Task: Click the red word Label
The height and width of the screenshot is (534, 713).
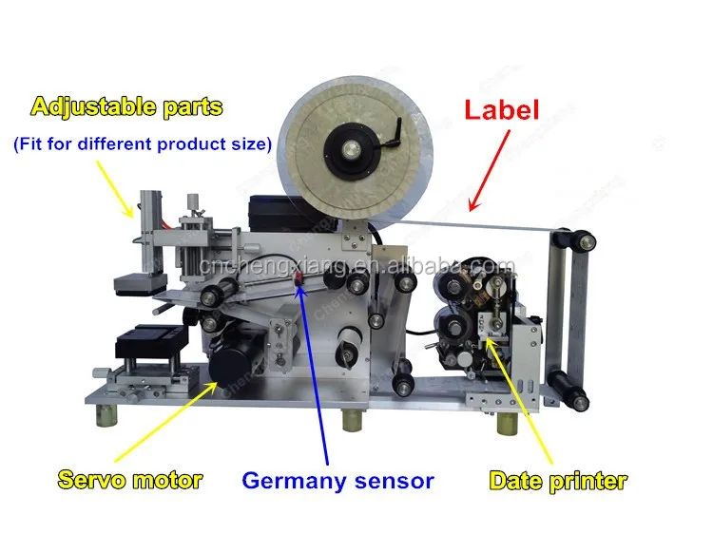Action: click(502, 109)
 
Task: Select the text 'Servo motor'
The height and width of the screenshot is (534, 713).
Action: click(129, 480)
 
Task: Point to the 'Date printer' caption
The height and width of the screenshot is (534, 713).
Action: click(558, 480)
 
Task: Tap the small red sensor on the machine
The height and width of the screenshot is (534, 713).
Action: click(299, 278)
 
